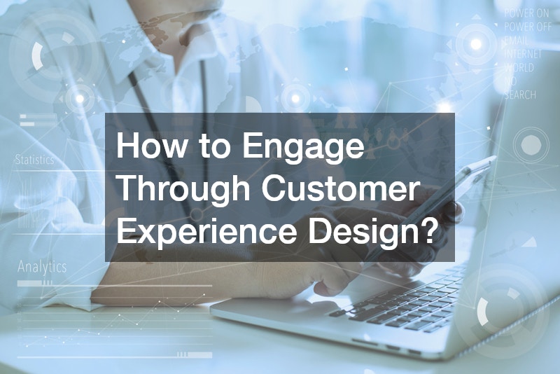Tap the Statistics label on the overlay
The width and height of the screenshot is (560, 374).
tap(34, 160)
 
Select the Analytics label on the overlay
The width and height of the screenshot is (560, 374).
tap(42, 267)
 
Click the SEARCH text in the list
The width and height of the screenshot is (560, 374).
tap(520, 95)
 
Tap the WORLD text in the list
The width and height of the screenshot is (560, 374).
tap(519, 68)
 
